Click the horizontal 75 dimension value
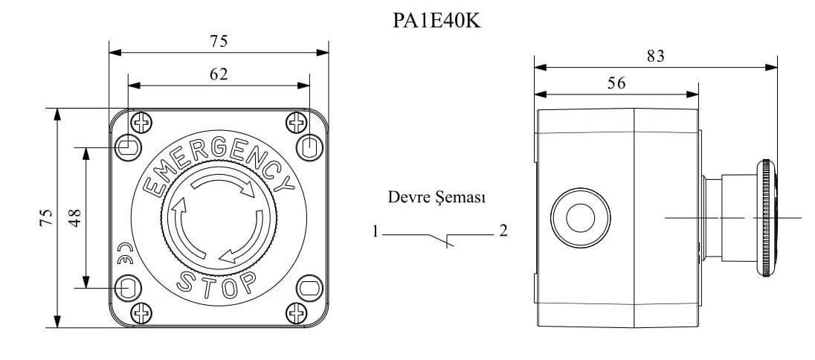tap(218, 42)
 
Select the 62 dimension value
tap(218, 74)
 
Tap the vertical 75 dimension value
tap(46, 216)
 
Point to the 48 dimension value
tap(76, 216)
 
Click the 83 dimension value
tap(654, 56)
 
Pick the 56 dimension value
tap(616, 83)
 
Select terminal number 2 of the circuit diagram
tap(503, 231)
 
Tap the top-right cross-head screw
tap(297, 122)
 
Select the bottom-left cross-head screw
tap(140, 312)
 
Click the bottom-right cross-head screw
tap(297, 312)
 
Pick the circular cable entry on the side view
tap(581, 218)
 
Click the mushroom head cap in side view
tap(767, 217)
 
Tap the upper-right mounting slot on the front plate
tap(309, 145)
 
